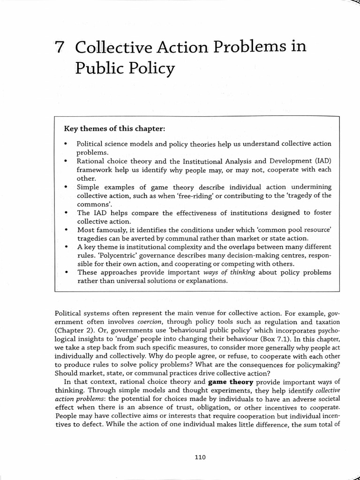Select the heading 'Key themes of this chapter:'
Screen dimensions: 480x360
[115, 128]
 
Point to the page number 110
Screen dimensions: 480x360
[200, 457]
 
